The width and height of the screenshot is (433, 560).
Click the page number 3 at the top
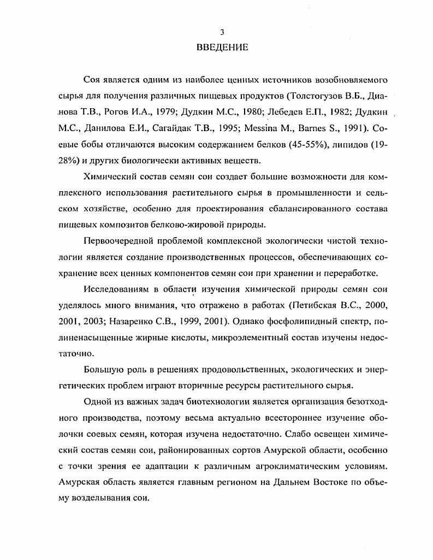click(222, 32)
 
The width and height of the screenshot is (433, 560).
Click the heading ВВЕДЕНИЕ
click(222, 48)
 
